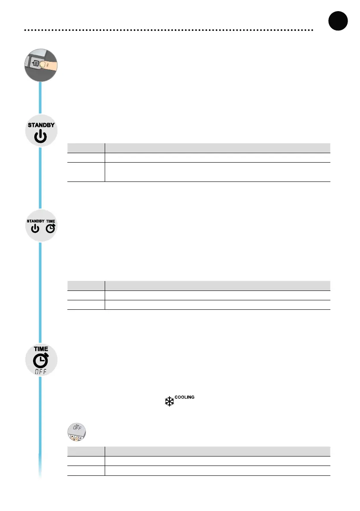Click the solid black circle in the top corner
point(337,21)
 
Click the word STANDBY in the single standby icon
point(41,125)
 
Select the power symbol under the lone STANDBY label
point(41,137)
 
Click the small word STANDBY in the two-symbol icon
point(36,221)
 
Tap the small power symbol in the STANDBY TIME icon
point(35,229)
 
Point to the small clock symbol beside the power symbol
point(51,228)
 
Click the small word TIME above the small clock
point(51,221)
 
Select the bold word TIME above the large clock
point(41,349)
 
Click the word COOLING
point(185,397)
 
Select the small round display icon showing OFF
point(76,432)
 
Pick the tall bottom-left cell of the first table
point(86,172)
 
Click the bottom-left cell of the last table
point(86,471)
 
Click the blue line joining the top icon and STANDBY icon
point(41,98)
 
